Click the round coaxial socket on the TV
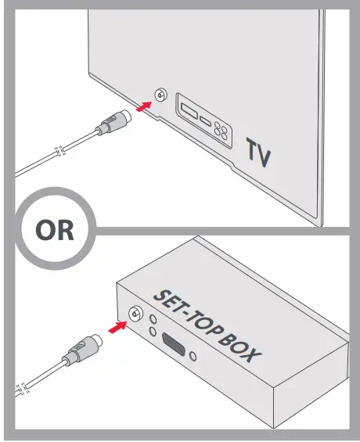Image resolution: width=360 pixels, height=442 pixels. pyautogui.click(x=160, y=96)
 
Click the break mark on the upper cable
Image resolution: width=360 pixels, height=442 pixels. pyautogui.click(x=56, y=152)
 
